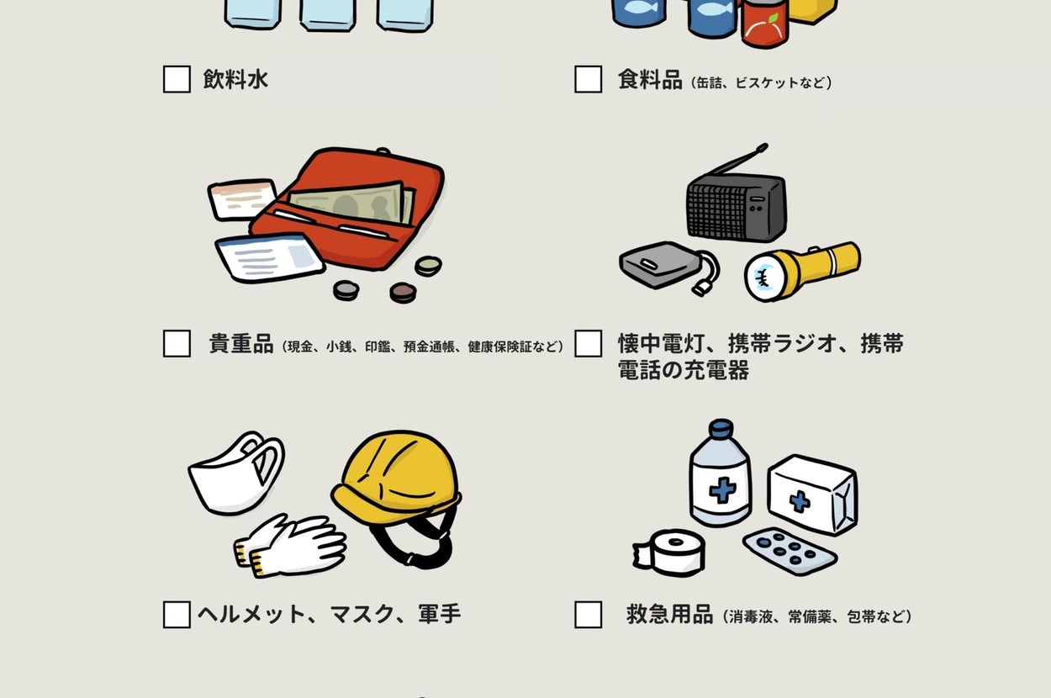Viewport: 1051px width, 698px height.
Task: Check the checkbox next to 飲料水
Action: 177,79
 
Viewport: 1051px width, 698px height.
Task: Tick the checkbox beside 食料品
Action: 589,79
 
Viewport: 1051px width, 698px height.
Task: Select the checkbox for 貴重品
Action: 177,344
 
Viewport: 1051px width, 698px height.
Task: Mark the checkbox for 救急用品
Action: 589,615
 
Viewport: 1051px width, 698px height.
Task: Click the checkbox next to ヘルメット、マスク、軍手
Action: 177,615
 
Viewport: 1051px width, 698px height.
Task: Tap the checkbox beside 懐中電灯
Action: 589,344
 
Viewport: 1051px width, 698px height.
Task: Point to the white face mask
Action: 236,473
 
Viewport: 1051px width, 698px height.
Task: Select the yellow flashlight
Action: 802,271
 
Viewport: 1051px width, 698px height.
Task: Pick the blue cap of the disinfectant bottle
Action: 721,428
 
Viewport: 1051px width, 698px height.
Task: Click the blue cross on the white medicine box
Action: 800,501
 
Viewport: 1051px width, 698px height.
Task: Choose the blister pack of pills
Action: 790,551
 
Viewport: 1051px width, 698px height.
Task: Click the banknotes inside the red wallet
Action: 352,203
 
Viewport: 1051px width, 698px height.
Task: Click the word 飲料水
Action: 235,79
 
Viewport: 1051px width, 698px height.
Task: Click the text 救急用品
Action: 669,615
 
